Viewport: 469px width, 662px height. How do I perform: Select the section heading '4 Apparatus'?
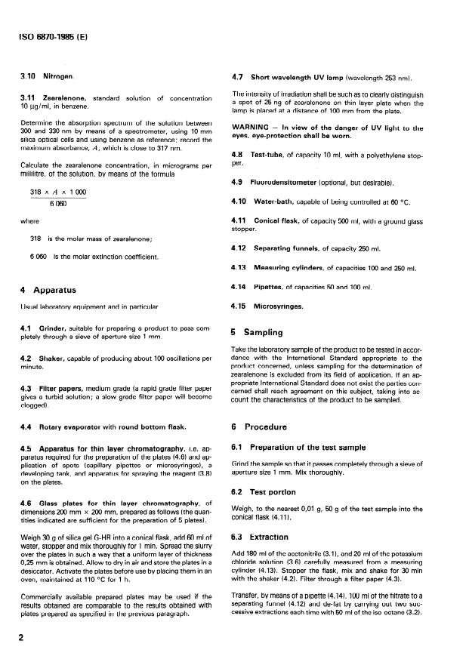(50, 289)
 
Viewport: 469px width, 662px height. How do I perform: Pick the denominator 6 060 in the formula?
(57, 205)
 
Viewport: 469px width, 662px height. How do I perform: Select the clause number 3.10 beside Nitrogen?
(28, 77)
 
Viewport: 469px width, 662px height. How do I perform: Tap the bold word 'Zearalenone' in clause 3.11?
(65, 99)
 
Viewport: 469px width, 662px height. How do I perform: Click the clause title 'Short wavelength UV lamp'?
(295, 77)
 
